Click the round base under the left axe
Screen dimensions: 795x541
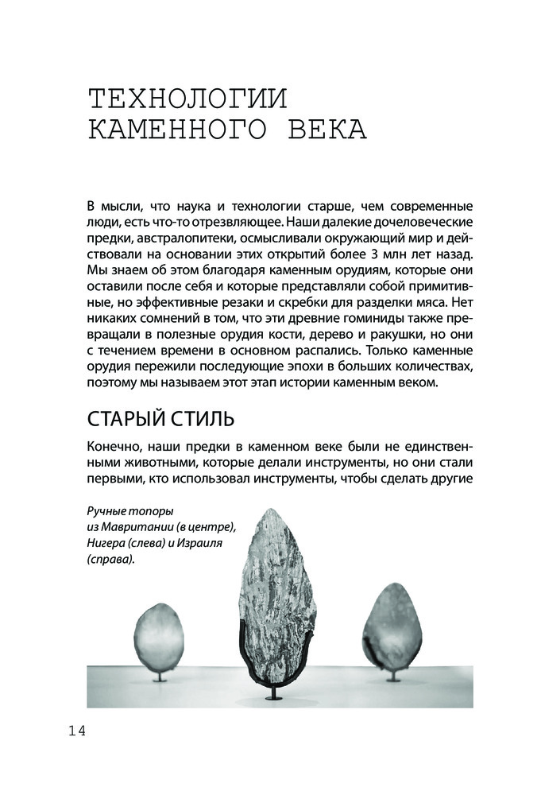[160, 681]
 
